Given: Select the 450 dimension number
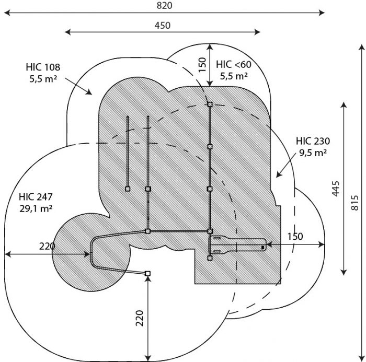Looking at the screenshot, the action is (x=163, y=25).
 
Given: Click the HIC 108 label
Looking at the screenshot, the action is (x=43, y=67).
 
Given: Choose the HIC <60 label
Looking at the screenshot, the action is (x=234, y=64).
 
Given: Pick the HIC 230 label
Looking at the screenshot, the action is (x=313, y=141).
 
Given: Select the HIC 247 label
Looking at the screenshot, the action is (x=36, y=197).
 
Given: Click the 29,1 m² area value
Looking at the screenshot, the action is (x=36, y=208).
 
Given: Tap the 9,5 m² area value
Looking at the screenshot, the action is (x=313, y=153).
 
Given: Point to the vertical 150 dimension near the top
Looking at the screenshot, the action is (x=203, y=65).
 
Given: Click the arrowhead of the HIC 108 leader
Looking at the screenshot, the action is (x=89, y=92).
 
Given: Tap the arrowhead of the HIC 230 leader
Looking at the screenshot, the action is (x=279, y=174).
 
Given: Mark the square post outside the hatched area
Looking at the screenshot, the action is (x=147, y=273).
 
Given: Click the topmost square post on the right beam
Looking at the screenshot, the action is (x=210, y=104).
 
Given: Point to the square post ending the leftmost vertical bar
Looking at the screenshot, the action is (x=128, y=189).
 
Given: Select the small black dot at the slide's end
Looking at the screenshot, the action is (x=263, y=248).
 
